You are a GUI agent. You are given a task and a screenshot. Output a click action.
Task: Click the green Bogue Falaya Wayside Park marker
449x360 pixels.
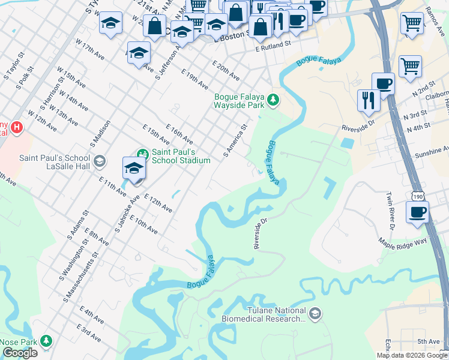pyautogui.click(x=274, y=99)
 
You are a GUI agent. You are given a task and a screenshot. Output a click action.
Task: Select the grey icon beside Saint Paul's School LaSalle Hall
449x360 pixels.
pyautogui.click(x=100, y=161)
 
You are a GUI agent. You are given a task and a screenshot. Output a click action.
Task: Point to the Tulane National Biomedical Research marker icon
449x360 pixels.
pyautogui.click(x=315, y=313)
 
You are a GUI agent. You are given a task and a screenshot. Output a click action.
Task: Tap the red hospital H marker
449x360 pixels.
pyautogui.click(x=17, y=127)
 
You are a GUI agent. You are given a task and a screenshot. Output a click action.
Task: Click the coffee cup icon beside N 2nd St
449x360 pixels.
pyautogui.click(x=383, y=83)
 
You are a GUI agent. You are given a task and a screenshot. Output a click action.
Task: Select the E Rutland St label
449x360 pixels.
pyautogui.click(x=273, y=44)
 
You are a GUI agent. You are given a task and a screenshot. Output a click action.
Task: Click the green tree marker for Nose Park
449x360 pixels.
pyautogui.click(x=46, y=341)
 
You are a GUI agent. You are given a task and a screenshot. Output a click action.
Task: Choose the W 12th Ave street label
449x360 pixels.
pyautogui.click(x=42, y=121)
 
